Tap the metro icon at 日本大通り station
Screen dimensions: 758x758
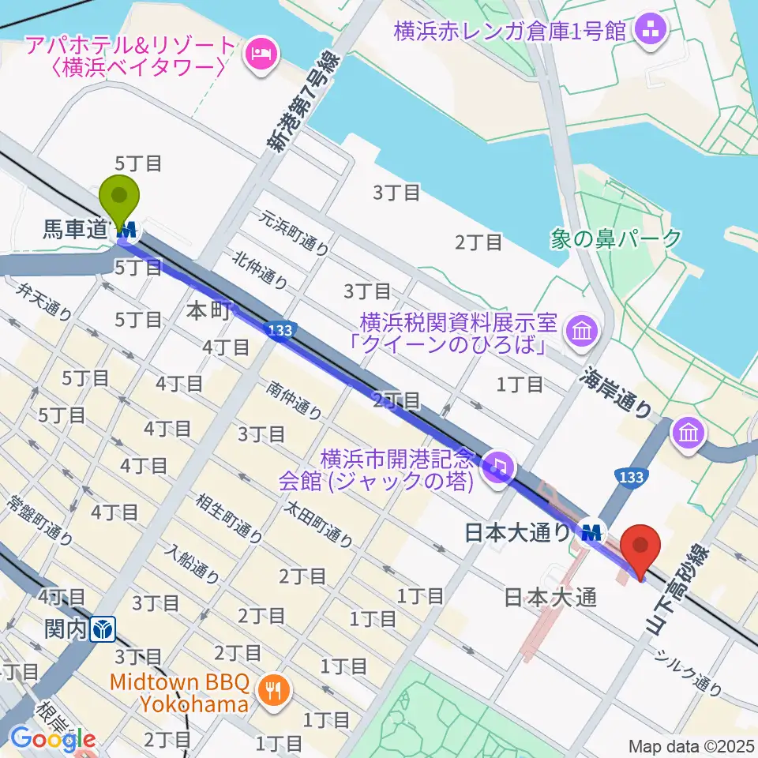pyautogui.click(x=591, y=531)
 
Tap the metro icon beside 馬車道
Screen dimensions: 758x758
pyautogui.click(x=127, y=231)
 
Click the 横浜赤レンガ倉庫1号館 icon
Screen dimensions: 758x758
pyautogui.click(x=655, y=32)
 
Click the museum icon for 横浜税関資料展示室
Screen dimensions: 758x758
pyautogui.click(x=584, y=330)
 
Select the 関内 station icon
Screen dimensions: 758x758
pyautogui.click(x=104, y=630)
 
